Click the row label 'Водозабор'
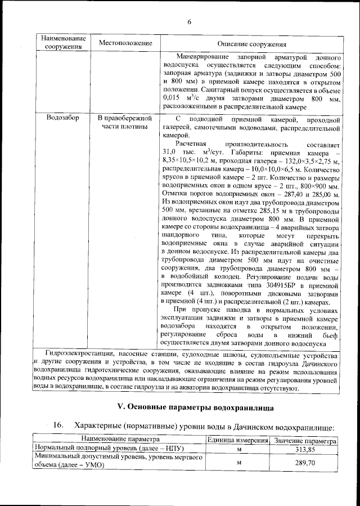(63, 119)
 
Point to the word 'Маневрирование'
(201, 57)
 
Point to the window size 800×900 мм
(318, 186)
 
